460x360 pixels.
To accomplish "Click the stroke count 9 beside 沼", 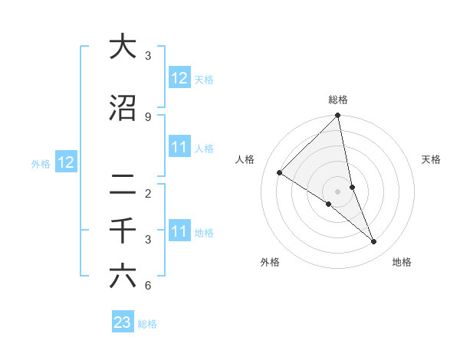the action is click(x=147, y=116).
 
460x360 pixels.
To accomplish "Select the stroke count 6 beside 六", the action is click(x=147, y=286).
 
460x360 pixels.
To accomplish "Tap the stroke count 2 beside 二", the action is click(x=147, y=193).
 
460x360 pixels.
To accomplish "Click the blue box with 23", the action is click(x=123, y=322).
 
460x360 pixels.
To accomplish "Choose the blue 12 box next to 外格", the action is click(x=66, y=162).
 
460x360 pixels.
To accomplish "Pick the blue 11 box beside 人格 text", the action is click(x=179, y=147).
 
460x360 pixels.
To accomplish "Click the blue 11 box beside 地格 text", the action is click(x=179, y=231).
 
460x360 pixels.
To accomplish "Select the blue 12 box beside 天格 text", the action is click(x=179, y=77).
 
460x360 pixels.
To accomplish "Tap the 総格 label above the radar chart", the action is click(x=338, y=100).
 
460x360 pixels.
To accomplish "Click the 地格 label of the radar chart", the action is click(x=402, y=262).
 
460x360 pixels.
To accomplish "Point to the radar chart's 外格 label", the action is click(x=270, y=262).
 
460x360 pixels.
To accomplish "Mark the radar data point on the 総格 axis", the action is click(x=338, y=116).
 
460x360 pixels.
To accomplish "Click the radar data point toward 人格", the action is click(x=280, y=172).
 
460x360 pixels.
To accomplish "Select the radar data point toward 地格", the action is click(x=374, y=241).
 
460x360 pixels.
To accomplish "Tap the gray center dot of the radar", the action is click(x=338, y=191).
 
